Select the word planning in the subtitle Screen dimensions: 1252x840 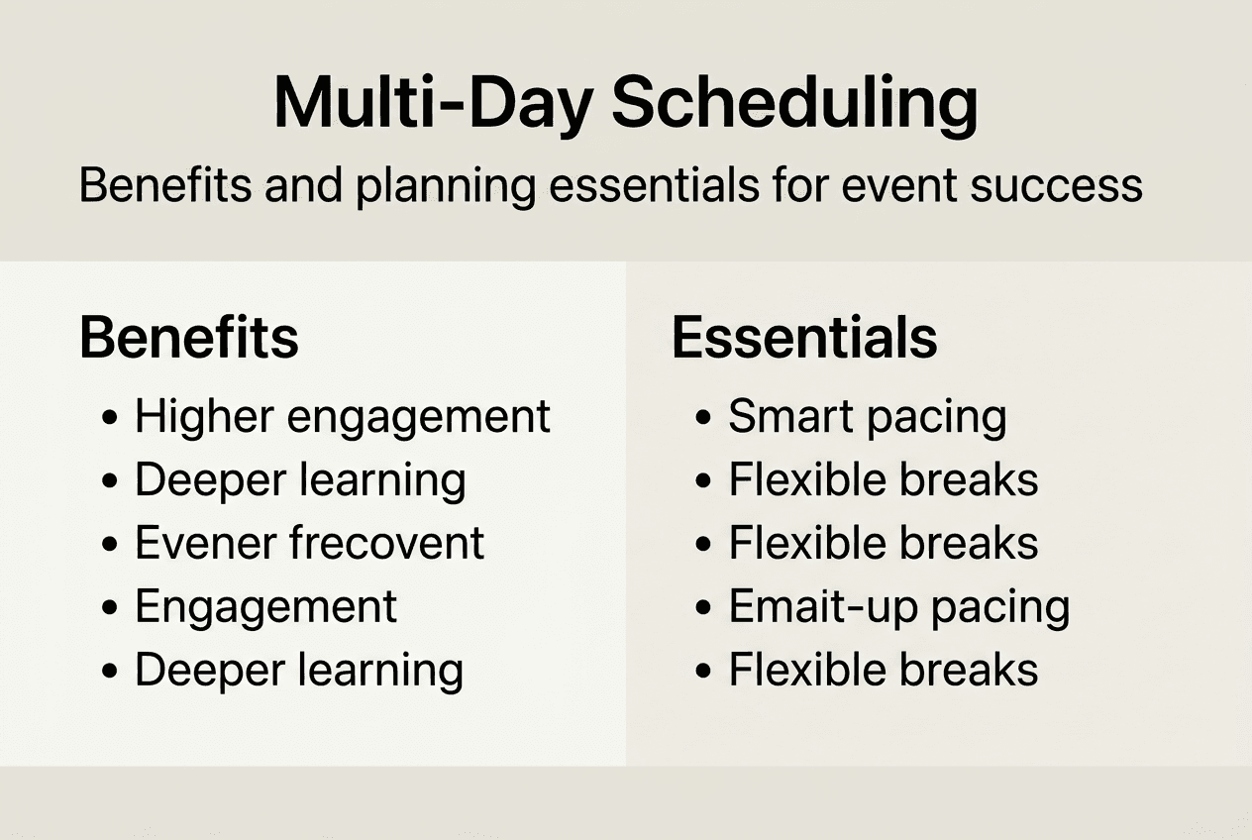pos(446,186)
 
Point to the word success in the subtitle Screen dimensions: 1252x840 pos(1056,186)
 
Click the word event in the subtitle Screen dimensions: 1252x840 pos(899,185)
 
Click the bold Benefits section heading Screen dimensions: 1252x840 pos(189,338)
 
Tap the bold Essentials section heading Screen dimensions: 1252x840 pos(804,338)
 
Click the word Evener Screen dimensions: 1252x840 pos(205,543)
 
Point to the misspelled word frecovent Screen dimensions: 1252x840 pos(386,542)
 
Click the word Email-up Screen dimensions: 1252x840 pos(823,606)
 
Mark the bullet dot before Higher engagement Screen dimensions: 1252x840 pos(110,417)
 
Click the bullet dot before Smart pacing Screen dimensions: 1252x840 pos(703,417)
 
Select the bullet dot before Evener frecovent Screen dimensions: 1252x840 pos(110,544)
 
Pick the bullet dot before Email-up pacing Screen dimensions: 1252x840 pos(703,607)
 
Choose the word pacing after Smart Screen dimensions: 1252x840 pos(937,419)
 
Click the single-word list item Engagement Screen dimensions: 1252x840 pos(266,608)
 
